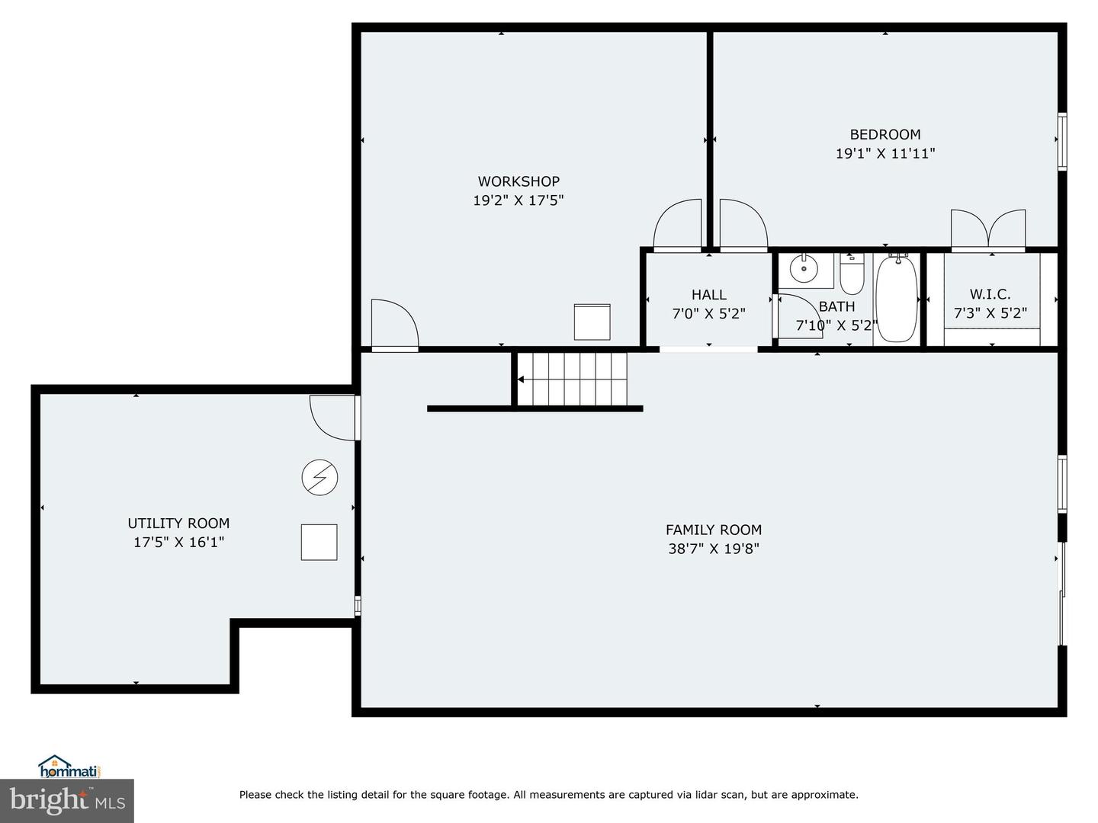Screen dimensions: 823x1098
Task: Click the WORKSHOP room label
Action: [518, 181]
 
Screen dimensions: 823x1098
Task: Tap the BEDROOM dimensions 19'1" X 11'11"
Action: [884, 153]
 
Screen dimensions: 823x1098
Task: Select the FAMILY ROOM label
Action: [713, 530]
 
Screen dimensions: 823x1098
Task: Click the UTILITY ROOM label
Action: [178, 524]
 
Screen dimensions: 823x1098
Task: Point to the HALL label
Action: [708, 295]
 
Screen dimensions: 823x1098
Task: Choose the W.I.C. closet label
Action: [990, 294]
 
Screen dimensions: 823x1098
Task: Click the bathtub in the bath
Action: [897, 299]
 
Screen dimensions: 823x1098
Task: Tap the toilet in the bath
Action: [852, 275]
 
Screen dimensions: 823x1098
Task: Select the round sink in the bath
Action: [804, 268]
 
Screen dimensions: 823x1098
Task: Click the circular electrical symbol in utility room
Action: [319, 478]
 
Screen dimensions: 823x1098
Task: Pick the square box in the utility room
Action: [319, 543]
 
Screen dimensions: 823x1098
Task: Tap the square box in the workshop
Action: [592, 322]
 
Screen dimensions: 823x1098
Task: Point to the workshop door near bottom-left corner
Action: [393, 325]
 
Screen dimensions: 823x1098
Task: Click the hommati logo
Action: [69, 766]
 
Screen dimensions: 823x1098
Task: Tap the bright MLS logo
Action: [67, 800]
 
